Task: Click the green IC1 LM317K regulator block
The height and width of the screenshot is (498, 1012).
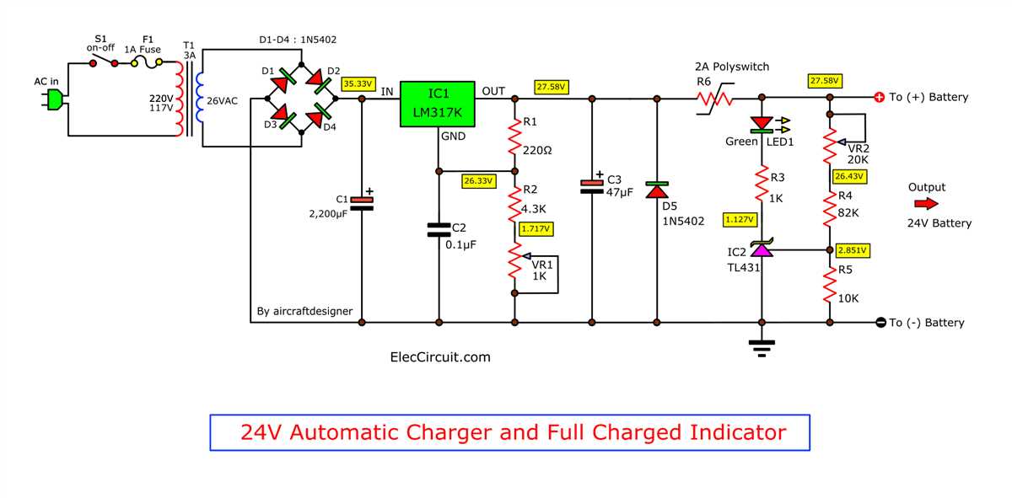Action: point(437,104)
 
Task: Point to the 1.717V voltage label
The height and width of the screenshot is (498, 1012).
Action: point(536,228)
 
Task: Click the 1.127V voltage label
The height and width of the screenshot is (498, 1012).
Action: point(740,220)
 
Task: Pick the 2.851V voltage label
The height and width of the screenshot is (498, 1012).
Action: point(853,250)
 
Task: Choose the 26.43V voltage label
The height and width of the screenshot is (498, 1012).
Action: point(848,177)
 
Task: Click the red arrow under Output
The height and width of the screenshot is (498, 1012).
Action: point(925,204)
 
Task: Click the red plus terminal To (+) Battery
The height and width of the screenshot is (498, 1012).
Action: point(879,98)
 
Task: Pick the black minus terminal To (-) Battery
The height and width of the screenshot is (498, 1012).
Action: point(880,323)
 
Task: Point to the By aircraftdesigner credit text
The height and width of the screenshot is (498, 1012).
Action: point(304,312)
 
